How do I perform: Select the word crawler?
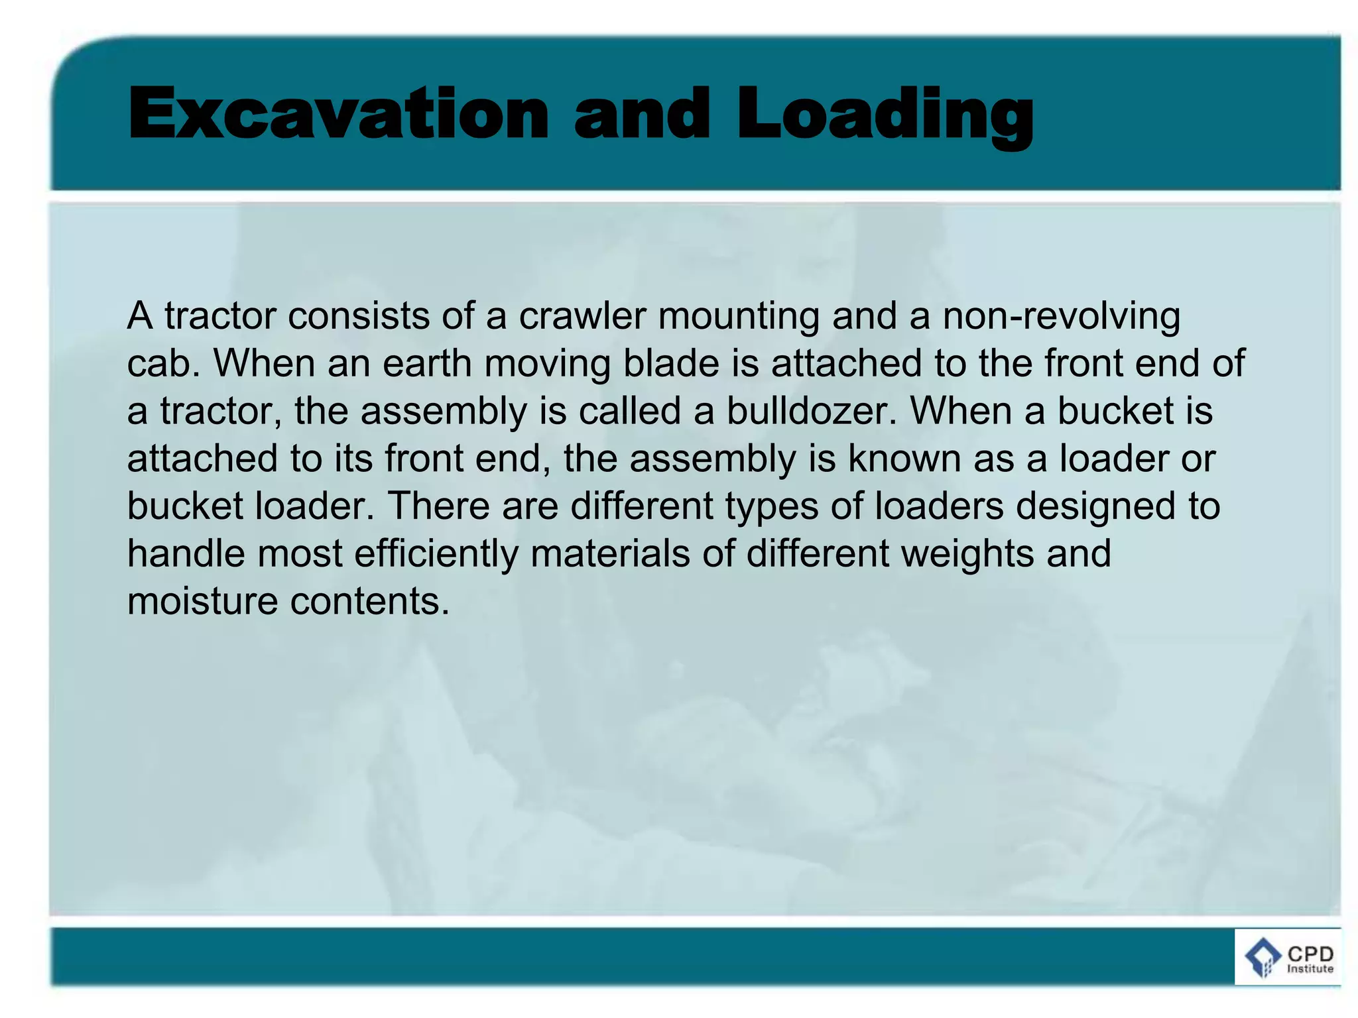pyautogui.click(x=582, y=316)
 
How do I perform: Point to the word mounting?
pyautogui.click(x=739, y=316)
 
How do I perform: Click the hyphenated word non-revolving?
pyautogui.click(x=1061, y=316)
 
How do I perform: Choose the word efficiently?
pyautogui.click(x=436, y=554)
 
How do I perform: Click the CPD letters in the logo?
pyautogui.click(x=1310, y=954)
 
